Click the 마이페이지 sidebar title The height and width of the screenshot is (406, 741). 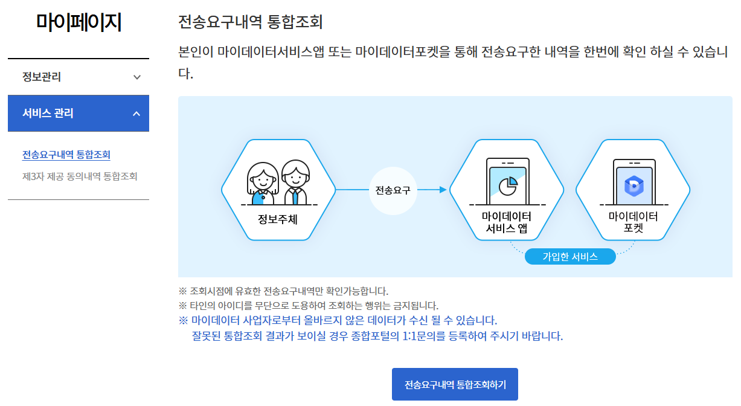(79, 23)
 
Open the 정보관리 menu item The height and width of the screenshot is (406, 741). (42, 77)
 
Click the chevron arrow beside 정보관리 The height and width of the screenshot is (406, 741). (137, 77)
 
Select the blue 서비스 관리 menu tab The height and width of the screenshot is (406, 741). (48, 113)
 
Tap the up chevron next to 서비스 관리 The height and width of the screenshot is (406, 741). (136, 114)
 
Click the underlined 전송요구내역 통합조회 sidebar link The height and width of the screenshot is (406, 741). (66, 155)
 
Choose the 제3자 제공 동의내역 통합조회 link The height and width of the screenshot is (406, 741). (80, 176)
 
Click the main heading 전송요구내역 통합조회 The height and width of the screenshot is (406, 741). (251, 22)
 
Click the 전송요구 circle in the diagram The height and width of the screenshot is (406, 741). (393, 190)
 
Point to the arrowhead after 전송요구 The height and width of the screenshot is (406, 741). (443, 190)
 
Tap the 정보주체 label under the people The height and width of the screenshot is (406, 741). (278, 219)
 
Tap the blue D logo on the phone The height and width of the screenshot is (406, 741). (634, 185)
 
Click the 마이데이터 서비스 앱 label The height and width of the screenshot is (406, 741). (507, 222)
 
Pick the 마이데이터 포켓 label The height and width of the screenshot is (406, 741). (633, 222)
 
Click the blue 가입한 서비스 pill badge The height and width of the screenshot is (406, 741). (570, 257)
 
